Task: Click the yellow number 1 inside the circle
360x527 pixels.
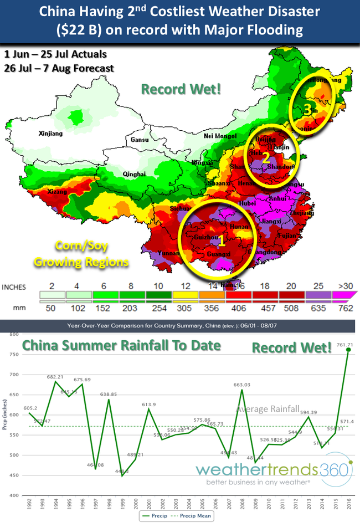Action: [220, 241]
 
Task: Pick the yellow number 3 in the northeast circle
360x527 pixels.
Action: [307, 109]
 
